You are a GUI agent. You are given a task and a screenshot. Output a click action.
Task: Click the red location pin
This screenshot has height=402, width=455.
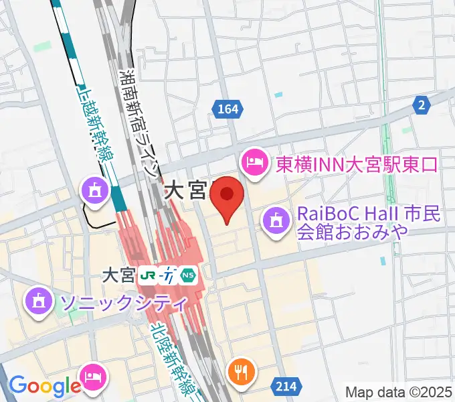[x=227, y=195]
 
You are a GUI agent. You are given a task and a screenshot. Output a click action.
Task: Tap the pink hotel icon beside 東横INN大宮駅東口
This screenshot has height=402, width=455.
[x=255, y=162]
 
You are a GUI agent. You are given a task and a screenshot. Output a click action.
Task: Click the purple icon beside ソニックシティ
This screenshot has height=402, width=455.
[x=39, y=300]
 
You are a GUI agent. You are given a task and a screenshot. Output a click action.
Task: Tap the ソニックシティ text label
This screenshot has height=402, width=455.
[x=123, y=302]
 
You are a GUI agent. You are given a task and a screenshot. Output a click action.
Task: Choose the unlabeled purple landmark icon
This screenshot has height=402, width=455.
[x=94, y=192]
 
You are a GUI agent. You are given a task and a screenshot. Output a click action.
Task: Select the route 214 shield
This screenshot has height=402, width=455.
[x=284, y=385]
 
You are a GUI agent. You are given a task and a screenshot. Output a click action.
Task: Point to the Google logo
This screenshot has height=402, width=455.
[x=44, y=385]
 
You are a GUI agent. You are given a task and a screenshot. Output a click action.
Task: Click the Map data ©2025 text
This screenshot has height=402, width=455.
[x=399, y=392]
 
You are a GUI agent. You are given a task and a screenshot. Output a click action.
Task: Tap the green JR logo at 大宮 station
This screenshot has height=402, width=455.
[x=148, y=275]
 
